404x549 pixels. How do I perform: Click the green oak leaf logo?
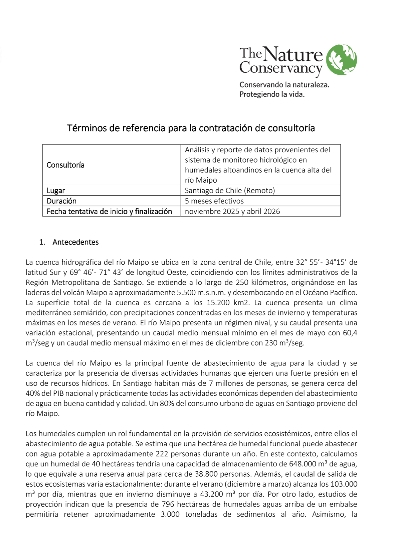tap(341, 60)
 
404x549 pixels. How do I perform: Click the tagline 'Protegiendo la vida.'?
tap(272, 94)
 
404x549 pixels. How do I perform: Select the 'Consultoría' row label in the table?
tap(65, 165)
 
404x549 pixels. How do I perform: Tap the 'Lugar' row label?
tap(56, 191)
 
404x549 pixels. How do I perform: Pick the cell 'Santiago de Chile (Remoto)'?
tap(230, 191)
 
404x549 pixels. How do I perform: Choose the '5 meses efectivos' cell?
tap(214, 201)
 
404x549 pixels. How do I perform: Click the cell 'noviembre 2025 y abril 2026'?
tap(232, 211)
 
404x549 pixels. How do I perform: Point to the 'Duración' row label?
tap(61, 201)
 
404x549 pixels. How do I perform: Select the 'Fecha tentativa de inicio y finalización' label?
tap(109, 211)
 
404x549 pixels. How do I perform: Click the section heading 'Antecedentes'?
tap(76, 242)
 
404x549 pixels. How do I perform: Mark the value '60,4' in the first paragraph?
tap(350, 333)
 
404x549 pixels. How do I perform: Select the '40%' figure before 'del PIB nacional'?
tap(32, 393)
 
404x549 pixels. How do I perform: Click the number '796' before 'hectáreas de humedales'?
tap(168, 504)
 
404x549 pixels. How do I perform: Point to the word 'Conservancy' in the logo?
tap(281, 68)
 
